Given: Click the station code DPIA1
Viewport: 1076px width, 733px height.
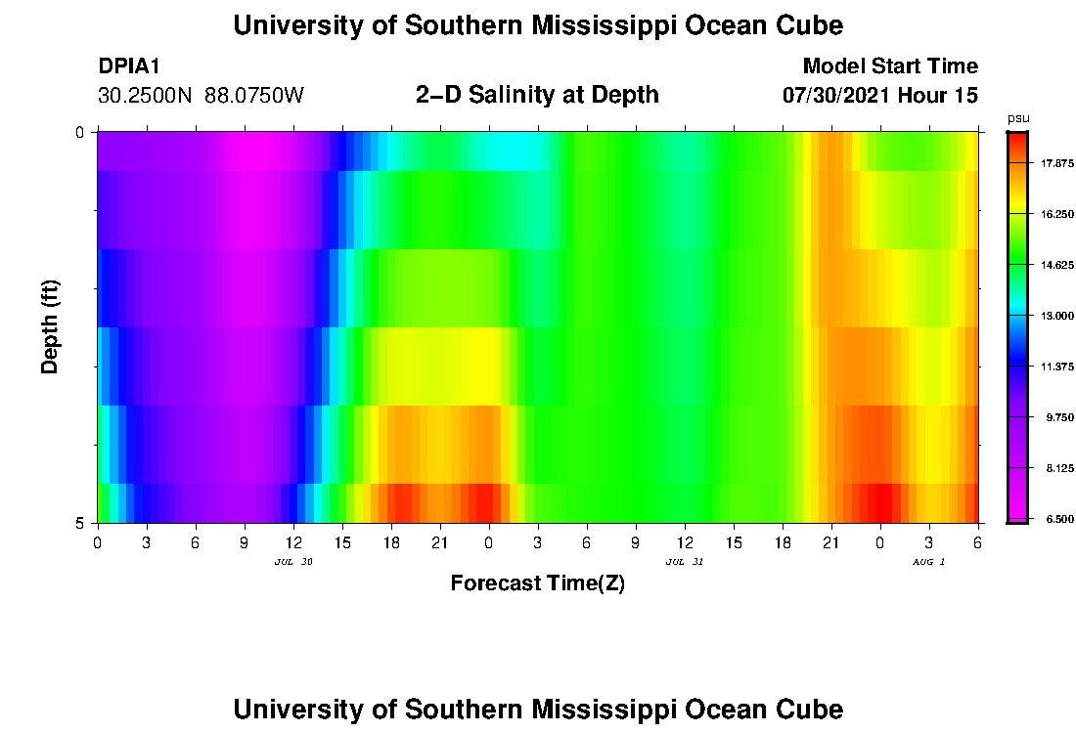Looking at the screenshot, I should tap(129, 66).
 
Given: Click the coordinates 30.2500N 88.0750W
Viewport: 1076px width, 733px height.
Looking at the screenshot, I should tap(202, 96).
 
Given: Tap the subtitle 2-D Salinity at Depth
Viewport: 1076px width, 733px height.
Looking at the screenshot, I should tap(537, 95).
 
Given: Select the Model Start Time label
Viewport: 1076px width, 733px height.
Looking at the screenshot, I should tap(889, 66).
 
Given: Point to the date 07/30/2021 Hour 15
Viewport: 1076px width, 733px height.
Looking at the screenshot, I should tap(879, 96).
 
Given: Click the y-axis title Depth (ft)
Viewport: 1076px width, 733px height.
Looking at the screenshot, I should tap(51, 327).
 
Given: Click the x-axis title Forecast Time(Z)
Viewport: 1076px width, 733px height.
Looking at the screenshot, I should tap(537, 583).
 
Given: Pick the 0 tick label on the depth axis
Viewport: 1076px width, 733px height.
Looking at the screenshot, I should tap(80, 132).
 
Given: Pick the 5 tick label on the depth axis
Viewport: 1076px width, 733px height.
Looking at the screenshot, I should tap(80, 523).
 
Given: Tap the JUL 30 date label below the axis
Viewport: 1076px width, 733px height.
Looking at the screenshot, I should tap(293, 562).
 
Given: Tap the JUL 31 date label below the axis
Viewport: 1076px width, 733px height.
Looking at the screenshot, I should tap(684, 562).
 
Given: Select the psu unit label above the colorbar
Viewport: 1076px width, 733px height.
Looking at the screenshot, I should tap(1018, 118).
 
